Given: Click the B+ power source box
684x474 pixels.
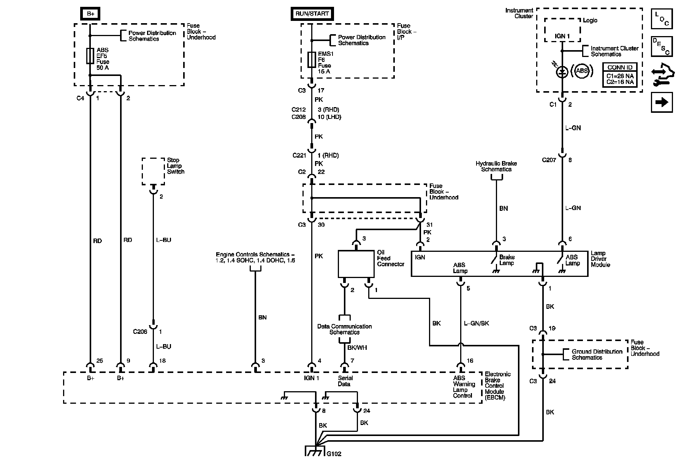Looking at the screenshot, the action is pyautogui.click(x=90, y=14).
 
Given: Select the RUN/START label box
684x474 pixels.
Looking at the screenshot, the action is pyautogui.click(x=312, y=14).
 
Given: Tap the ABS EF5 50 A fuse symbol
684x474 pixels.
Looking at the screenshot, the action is pyautogui.click(x=90, y=56).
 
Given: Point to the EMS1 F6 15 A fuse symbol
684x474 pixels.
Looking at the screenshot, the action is pyautogui.click(x=312, y=60).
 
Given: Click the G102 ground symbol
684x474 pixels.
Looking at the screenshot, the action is pyautogui.click(x=316, y=450).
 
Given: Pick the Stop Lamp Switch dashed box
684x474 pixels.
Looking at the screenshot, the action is pyautogui.click(x=154, y=172).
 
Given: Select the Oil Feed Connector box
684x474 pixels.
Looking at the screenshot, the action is pyautogui.click(x=356, y=264).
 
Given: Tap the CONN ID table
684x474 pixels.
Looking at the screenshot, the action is pyautogui.click(x=620, y=74).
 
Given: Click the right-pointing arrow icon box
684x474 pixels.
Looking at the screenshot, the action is pyautogui.click(x=662, y=103).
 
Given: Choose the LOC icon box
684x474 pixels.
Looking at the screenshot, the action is pyautogui.click(x=662, y=19).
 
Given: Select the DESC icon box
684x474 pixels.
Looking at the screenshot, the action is pyautogui.click(x=662, y=46).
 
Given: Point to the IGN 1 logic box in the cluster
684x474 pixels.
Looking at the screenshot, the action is pyautogui.click(x=562, y=30).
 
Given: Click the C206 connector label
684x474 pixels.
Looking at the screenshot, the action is pyautogui.click(x=140, y=332).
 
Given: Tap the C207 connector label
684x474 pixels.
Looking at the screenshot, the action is pyautogui.click(x=549, y=160).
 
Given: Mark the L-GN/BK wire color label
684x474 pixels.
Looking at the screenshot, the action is pyautogui.click(x=477, y=323).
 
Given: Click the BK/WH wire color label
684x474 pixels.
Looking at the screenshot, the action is pyautogui.click(x=357, y=348).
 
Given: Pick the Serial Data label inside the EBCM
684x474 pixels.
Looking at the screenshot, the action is pyautogui.click(x=345, y=381).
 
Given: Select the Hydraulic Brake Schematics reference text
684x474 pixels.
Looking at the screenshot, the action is pyautogui.click(x=496, y=166).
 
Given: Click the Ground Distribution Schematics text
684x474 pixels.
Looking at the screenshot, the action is pyautogui.click(x=597, y=354).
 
